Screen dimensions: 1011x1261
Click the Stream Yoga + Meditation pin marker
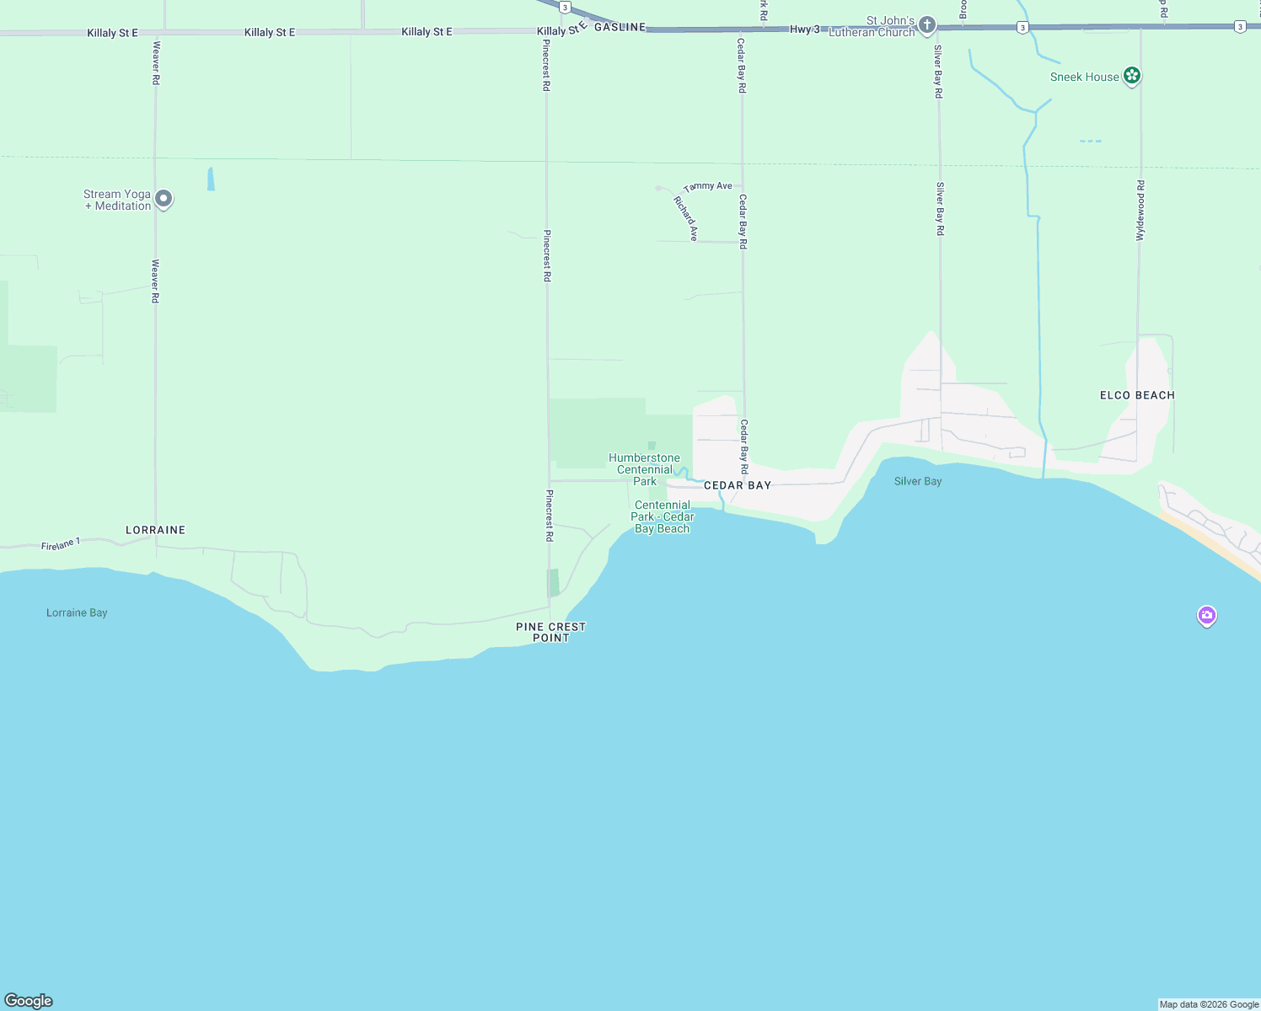164,199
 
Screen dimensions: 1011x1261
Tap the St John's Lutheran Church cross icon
927,25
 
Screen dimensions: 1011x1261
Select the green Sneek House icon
1132,76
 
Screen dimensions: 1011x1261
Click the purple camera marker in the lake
1207,616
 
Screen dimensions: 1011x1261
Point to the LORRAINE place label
155,530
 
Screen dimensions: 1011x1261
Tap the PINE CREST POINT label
550,632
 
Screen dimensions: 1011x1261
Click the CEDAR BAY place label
738,485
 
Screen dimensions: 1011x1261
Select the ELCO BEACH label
1137,395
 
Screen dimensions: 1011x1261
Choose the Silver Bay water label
918,481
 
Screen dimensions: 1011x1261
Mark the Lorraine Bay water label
77,612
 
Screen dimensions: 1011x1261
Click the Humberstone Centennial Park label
645,469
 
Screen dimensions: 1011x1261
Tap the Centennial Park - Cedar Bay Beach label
663,516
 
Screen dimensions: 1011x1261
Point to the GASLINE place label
620,27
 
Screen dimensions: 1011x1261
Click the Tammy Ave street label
708,186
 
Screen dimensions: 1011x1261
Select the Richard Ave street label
686,218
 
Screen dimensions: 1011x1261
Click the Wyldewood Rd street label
1140,211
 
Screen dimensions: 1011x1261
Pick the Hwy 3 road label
804,29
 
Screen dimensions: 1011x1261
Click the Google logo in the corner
29,1001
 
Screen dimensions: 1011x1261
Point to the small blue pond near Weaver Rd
211,179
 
